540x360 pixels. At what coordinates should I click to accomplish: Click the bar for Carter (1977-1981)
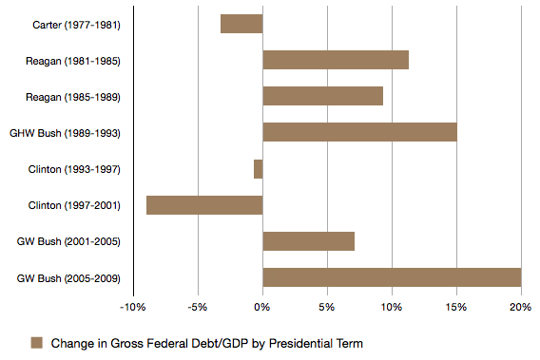point(241,24)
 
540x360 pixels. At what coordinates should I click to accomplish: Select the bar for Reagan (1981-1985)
point(336,60)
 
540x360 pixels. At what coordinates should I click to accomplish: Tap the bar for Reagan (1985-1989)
point(322,96)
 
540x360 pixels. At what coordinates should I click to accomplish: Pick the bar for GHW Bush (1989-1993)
point(359,132)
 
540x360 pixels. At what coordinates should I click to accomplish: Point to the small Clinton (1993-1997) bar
point(258,169)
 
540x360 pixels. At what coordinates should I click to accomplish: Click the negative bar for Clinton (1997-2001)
point(204,205)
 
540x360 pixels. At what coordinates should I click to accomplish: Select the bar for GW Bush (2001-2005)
point(308,241)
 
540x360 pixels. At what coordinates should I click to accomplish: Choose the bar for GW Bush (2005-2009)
point(392,277)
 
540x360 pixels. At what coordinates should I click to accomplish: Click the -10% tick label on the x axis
point(132,307)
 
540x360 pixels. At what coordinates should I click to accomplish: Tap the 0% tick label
point(262,307)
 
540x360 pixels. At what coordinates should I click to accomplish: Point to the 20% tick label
point(521,307)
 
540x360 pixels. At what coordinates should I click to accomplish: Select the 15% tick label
point(456,307)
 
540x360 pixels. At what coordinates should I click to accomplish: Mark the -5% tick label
point(198,307)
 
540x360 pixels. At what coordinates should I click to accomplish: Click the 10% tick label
point(392,307)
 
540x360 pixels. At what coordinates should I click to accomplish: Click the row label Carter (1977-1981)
point(74,25)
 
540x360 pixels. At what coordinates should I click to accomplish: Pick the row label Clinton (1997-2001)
point(73,205)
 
